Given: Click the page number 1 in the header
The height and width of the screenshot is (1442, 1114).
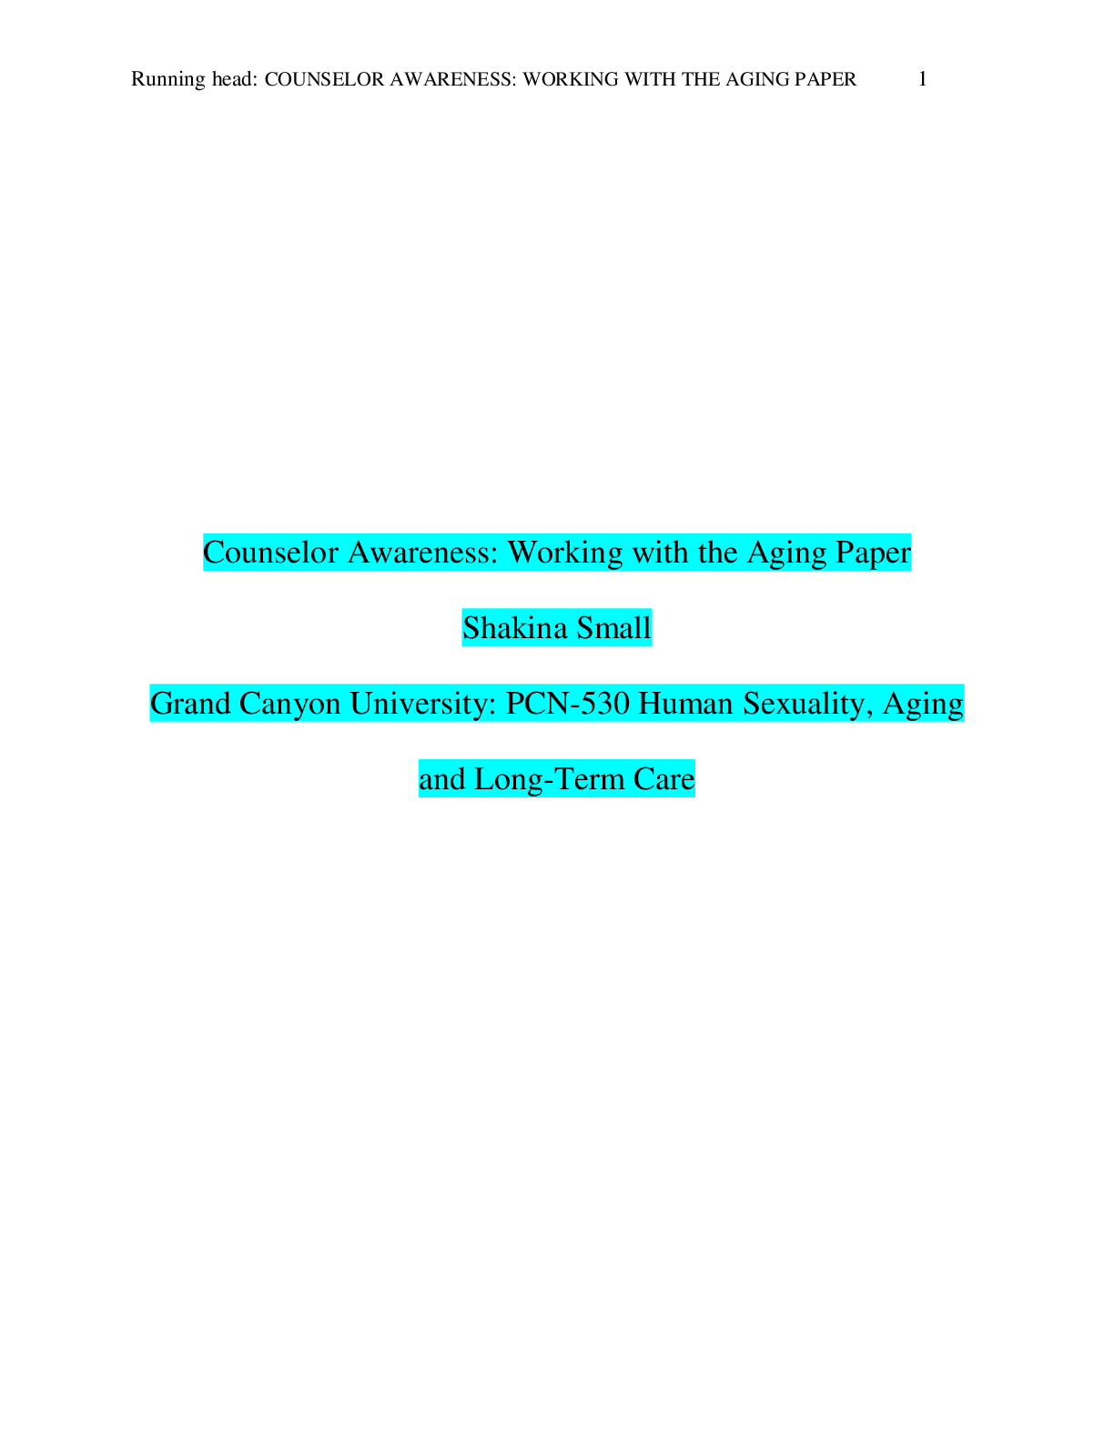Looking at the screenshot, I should coord(922,79).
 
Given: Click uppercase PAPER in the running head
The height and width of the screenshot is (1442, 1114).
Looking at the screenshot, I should coord(825,79).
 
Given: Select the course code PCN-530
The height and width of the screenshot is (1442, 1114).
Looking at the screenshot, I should coord(567,704).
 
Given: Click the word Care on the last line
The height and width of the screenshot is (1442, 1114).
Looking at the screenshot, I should coord(663,780).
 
